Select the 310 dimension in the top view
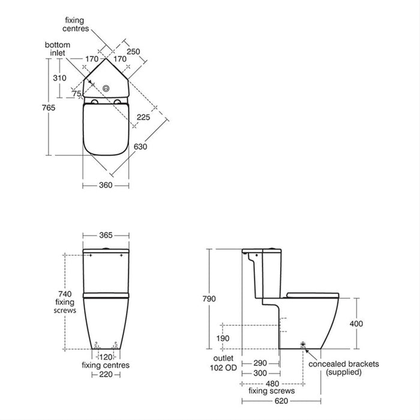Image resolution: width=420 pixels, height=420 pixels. coord(58,78)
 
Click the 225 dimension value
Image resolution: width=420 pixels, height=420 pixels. coord(143,118)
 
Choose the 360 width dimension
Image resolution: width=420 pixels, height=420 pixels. coord(106,185)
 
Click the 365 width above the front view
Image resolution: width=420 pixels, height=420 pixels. coord(106,235)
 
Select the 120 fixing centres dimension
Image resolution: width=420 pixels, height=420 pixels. coord(106,356)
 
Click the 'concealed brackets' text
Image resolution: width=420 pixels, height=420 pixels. coord(343,364)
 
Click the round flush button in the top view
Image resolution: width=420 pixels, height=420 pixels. coord(106,88)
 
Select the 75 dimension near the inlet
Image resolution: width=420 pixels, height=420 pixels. coord(76,93)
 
